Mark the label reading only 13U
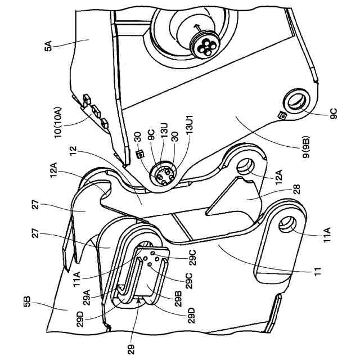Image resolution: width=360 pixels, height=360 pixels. click(x=163, y=137)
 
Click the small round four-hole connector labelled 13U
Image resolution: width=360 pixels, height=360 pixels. click(x=161, y=175)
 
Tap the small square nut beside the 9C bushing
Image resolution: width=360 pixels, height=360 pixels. click(x=282, y=116)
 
